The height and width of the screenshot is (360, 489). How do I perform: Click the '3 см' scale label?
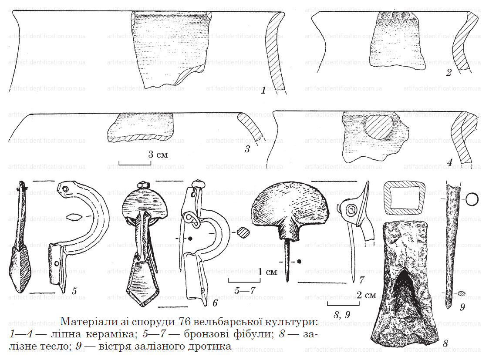pyautogui.click(x=158, y=154)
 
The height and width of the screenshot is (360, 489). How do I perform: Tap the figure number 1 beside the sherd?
pyautogui.click(x=264, y=91)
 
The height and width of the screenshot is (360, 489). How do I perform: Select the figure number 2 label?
pyautogui.click(x=449, y=73)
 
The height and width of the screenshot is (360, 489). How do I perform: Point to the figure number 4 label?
pyautogui.click(x=449, y=162)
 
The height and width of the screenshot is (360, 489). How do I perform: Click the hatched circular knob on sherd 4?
pyautogui.click(x=379, y=127)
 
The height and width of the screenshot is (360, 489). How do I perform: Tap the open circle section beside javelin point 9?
pyautogui.click(x=472, y=199)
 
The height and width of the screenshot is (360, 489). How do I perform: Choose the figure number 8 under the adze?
pyautogui.click(x=445, y=344)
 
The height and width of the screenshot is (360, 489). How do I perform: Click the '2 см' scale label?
pyautogui.click(x=366, y=295)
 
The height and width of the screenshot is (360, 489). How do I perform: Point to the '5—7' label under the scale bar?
pyautogui.click(x=245, y=290)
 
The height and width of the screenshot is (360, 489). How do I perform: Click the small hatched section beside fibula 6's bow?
pyautogui.click(x=243, y=232)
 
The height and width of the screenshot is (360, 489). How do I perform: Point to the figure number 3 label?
pyautogui.click(x=247, y=149)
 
